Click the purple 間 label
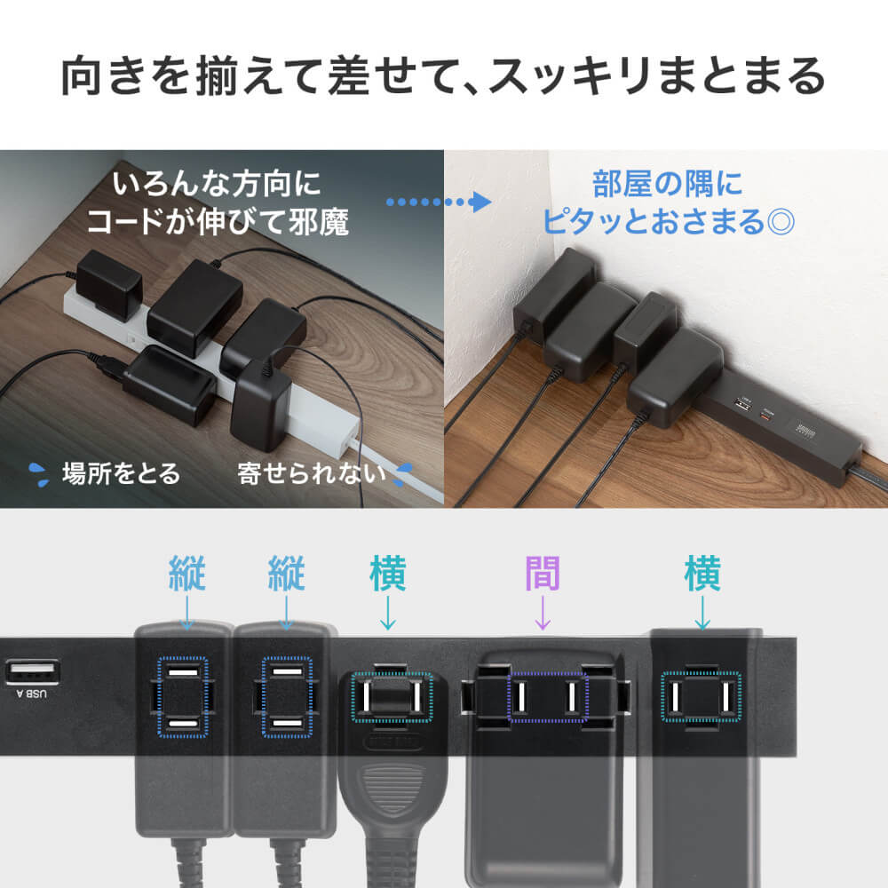pyautogui.click(x=543, y=575)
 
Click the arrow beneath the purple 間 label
pyautogui.click(x=543, y=614)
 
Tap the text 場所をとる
pyautogui.click(x=121, y=473)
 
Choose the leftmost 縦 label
pyautogui.click(x=186, y=575)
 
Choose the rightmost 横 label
pyautogui.click(x=702, y=575)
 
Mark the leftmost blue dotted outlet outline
pyautogui.click(x=183, y=696)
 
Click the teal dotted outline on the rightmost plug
pyautogui.click(x=702, y=694)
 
